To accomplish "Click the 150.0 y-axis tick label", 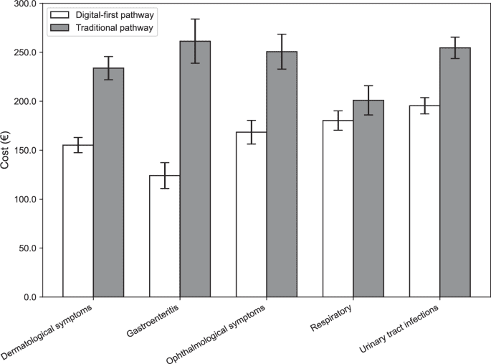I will pos(25,151).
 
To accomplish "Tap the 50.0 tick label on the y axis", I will pos(27,248).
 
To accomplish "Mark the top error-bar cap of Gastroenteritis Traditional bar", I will pos(195,19).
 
